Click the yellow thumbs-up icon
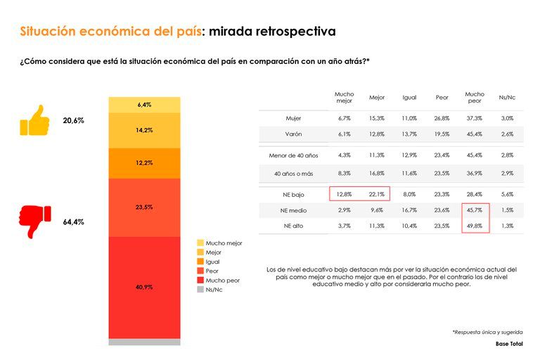tap(34, 120)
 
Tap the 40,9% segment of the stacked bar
tap(144, 287)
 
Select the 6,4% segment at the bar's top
tap(144, 105)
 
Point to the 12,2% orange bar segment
tap(144, 162)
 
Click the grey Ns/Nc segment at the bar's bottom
tap(144, 342)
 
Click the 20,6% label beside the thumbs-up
tap(73, 121)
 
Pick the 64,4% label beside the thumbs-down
tap(73, 222)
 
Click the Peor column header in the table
tap(442, 98)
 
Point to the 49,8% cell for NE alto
tap(475, 225)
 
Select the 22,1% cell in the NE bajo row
tap(377, 194)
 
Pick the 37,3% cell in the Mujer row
tap(475, 118)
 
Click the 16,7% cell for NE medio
tap(409, 210)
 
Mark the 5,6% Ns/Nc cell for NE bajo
tap(506, 194)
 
